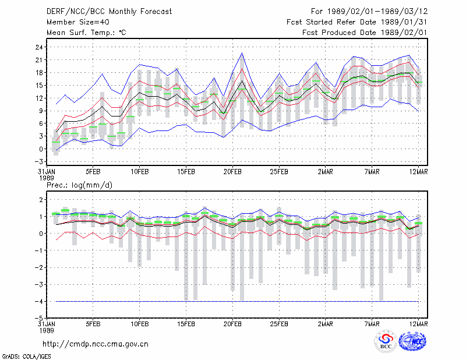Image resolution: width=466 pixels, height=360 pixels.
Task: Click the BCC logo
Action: click(385, 342)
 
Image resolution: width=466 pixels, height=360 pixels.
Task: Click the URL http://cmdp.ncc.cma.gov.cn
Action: click(96, 344)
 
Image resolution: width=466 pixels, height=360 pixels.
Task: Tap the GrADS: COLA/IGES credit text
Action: click(26, 357)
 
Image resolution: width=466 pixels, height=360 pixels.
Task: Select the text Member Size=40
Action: click(78, 22)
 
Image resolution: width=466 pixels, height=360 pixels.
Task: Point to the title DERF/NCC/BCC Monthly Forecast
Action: click(109, 12)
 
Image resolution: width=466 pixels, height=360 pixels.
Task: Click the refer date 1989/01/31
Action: click(404, 22)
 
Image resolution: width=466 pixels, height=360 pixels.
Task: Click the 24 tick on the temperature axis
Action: click(40, 47)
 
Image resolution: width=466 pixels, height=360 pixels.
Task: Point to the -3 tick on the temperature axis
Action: click(39, 162)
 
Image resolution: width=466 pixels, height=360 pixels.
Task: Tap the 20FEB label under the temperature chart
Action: click(232, 172)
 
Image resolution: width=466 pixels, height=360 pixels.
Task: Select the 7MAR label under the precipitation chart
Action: click(372, 324)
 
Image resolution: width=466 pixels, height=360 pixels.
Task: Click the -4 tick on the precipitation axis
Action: click(39, 301)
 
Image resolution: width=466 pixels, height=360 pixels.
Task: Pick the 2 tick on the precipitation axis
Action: click(41, 199)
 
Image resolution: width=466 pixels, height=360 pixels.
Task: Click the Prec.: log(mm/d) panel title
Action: click(79, 185)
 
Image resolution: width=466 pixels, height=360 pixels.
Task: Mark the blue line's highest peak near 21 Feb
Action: click(242, 53)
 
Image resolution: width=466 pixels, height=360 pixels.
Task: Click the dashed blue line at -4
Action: click(237, 301)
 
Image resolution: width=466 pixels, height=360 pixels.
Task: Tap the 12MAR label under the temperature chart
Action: click(419, 172)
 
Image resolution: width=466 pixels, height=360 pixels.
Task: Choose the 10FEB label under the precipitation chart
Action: click(140, 324)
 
